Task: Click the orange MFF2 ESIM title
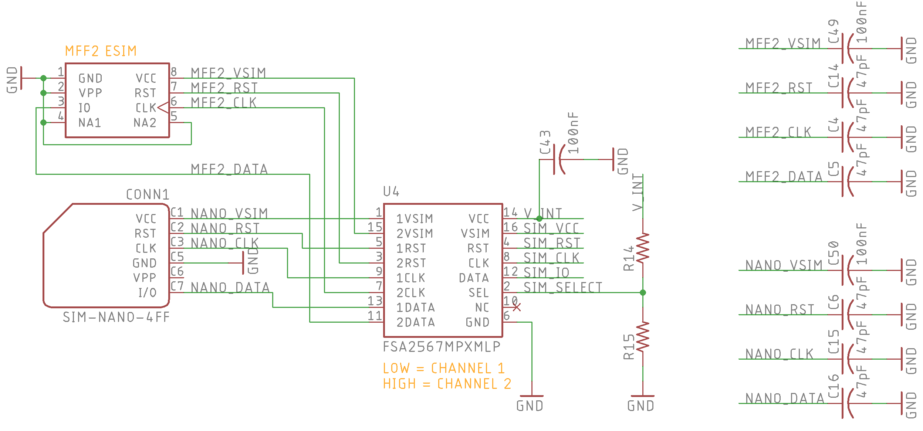click(101, 51)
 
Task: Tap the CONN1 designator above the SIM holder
click(148, 194)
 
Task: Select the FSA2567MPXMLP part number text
click(442, 347)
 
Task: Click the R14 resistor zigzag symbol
click(643, 248)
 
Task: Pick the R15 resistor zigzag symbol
click(643, 337)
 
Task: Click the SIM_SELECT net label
click(563, 287)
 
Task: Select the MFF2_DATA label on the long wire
click(229, 169)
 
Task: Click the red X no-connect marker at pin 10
click(517, 307)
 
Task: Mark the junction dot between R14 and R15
click(643, 292)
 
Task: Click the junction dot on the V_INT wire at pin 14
click(539, 218)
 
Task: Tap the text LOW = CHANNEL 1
click(444, 368)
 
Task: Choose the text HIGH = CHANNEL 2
click(447, 384)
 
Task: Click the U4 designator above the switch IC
click(391, 191)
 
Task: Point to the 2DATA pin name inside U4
click(416, 322)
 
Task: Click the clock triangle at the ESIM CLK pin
click(163, 108)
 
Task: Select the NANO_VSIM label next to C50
click(784, 265)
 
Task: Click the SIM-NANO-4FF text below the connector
click(116, 317)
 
